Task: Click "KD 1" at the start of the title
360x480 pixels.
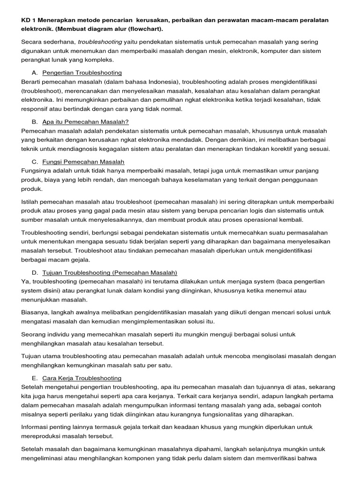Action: tap(28, 20)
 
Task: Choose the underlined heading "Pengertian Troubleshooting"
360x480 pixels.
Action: tap(82, 73)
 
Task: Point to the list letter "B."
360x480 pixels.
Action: tap(35, 122)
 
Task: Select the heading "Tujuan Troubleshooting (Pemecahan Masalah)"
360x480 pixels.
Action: tap(110, 272)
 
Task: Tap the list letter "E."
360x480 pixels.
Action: tap(35, 378)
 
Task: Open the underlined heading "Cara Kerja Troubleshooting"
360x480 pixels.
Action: tap(82, 378)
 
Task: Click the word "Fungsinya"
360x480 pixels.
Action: tap(37, 171)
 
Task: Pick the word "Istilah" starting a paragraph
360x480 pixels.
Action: tap(31, 202)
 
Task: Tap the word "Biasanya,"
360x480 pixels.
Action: tap(37, 312)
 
